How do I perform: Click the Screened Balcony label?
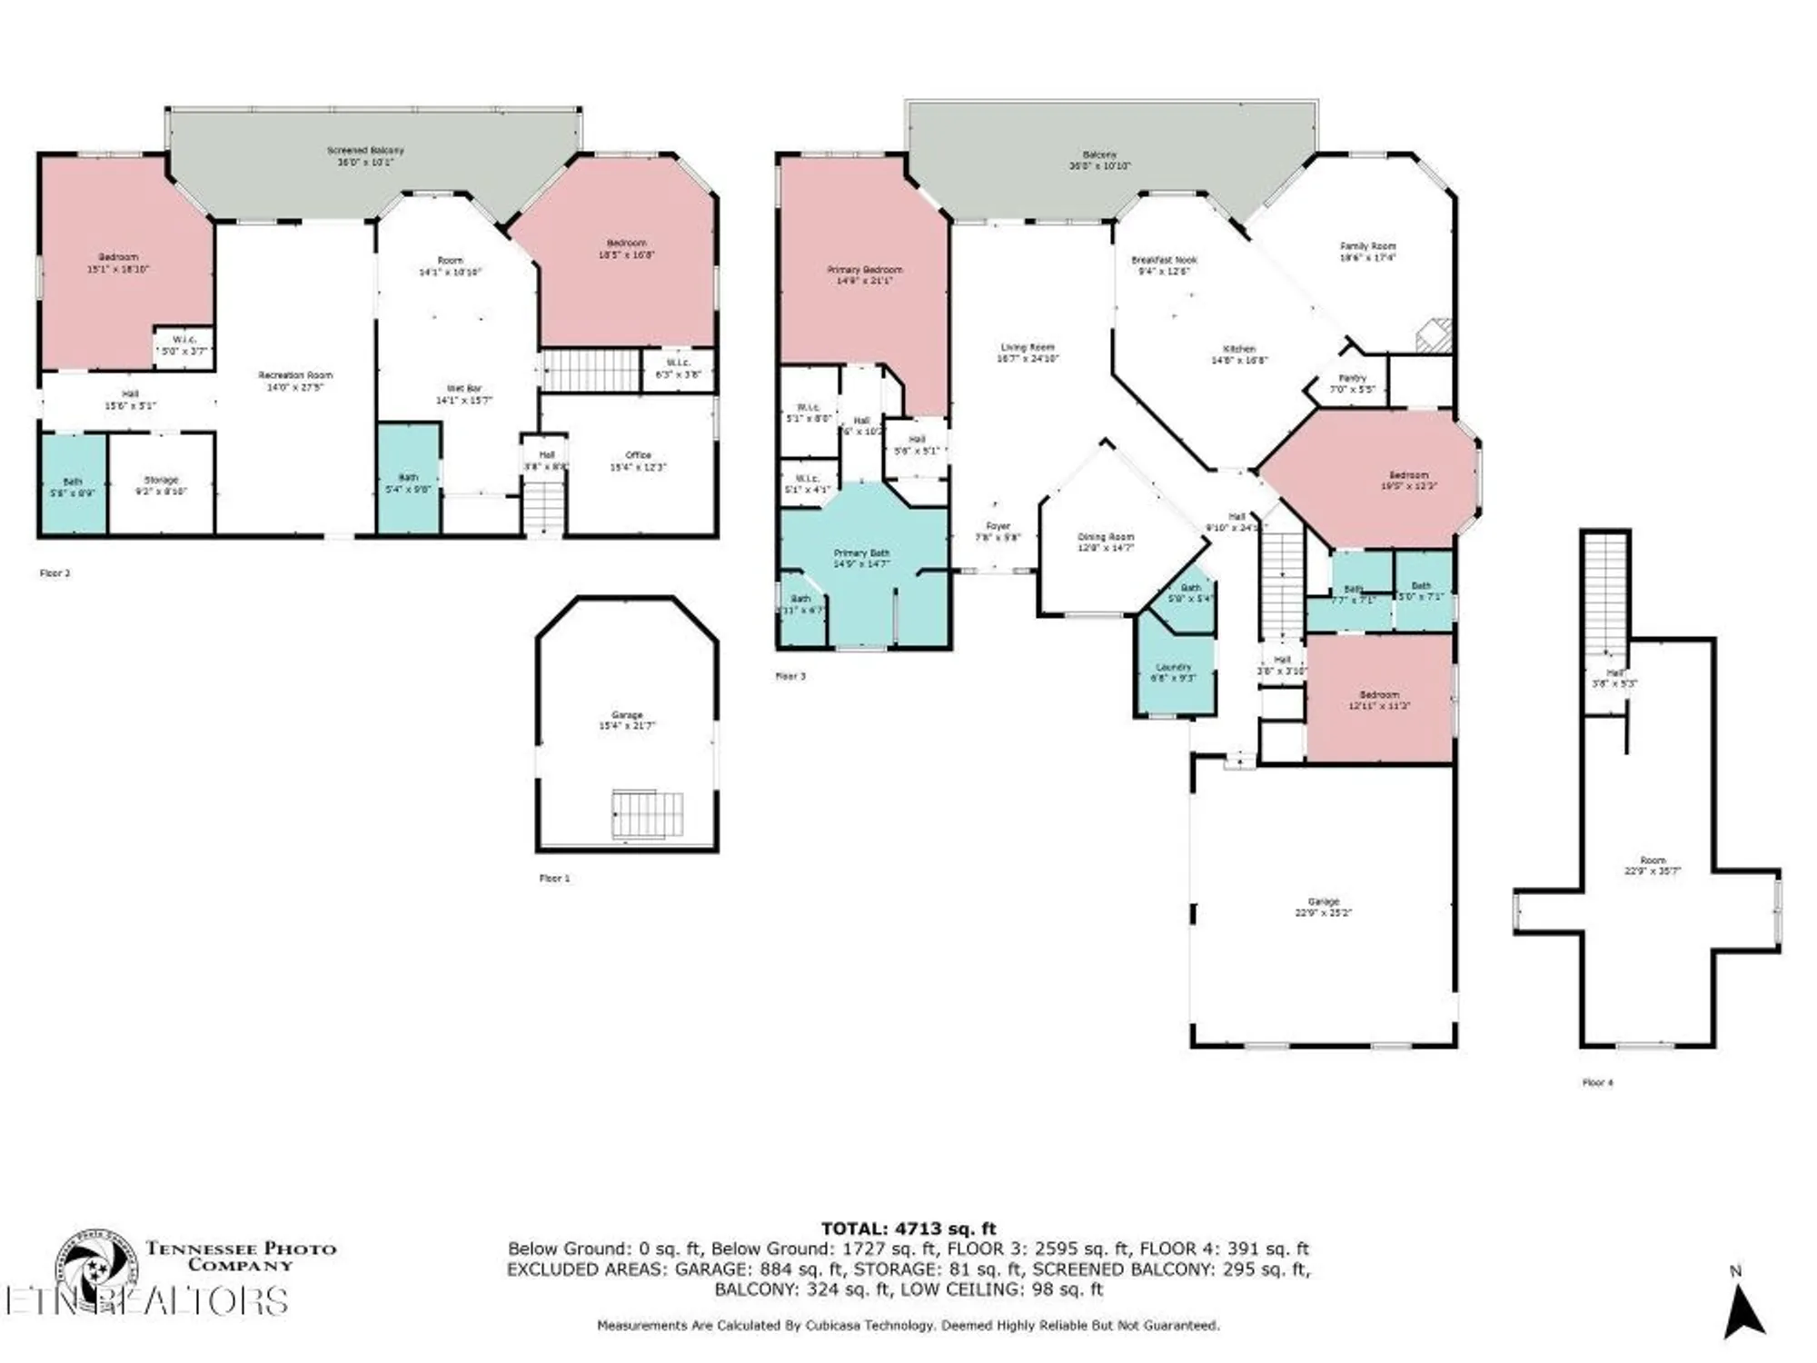(x=365, y=156)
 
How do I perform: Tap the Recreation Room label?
(x=295, y=381)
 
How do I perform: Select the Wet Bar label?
(x=464, y=393)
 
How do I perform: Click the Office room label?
(x=639, y=461)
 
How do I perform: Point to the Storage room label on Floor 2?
(x=162, y=485)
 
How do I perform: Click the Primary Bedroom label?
(x=865, y=275)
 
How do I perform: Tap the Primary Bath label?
(x=861, y=558)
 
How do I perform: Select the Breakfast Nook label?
(x=1164, y=265)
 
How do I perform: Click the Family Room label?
(x=1367, y=252)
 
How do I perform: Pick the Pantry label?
(x=1353, y=383)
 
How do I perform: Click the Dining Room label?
(x=1106, y=542)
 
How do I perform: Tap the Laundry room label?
(x=1174, y=672)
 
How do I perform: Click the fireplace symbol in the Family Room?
(x=1435, y=335)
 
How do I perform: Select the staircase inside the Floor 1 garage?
(x=647, y=814)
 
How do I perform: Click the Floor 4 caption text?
(x=1598, y=1082)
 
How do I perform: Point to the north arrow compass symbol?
(x=1743, y=1308)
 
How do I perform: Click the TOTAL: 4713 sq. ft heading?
(x=908, y=1229)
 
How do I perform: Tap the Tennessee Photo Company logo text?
(x=241, y=1256)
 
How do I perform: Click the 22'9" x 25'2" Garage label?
(x=1323, y=907)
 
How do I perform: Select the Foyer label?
(x=998, y=532)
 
